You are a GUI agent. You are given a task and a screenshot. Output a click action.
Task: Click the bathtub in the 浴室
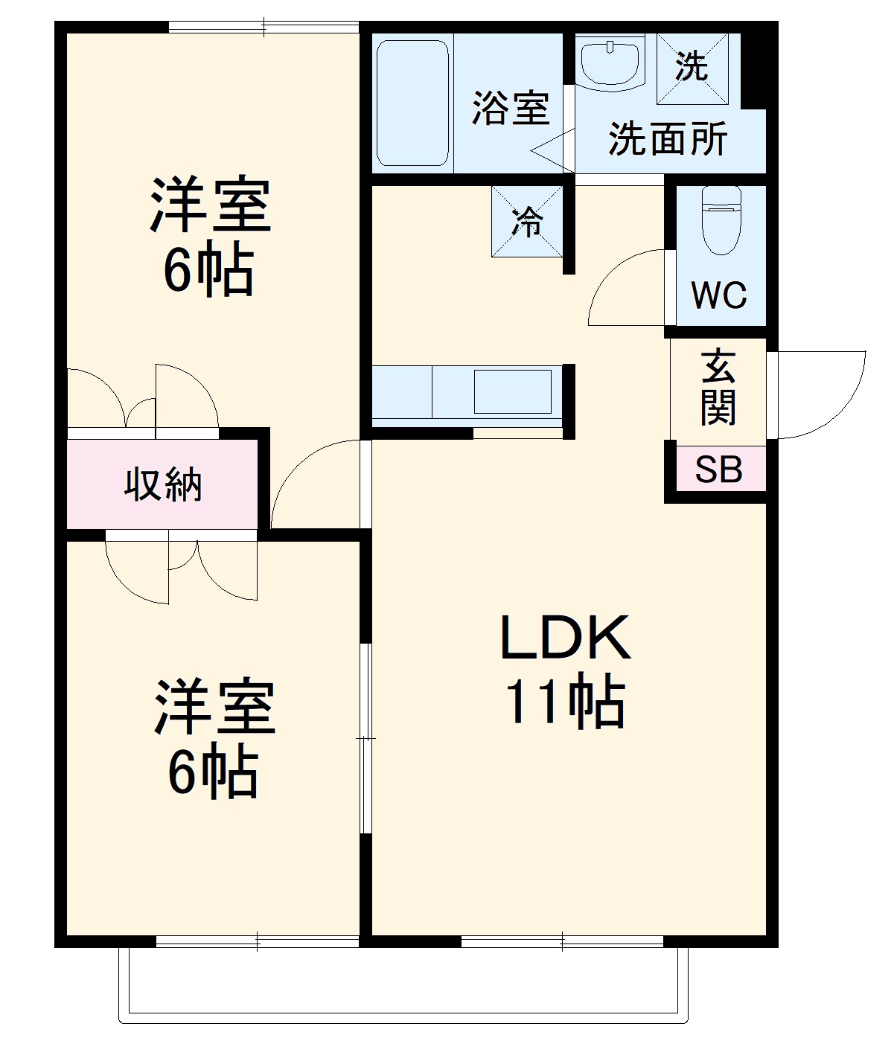pyautogui.click(x=412, y=103)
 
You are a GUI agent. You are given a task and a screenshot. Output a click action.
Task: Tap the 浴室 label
pyautogui.click(x=511, y=109)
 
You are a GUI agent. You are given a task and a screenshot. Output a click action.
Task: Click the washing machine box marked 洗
pyautogui.click(x=691, y=68)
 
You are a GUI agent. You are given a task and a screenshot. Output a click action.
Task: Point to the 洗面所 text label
pyautogui.click(x=668, y=138)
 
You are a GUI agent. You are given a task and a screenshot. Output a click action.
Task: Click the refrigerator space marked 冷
pyautogui.click(x=527, y=221)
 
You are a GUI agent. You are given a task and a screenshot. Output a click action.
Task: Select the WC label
pyautogui.click(x=718, y=295)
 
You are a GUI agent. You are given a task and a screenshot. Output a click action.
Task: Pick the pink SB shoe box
pyautogui.click(x=719, y=470)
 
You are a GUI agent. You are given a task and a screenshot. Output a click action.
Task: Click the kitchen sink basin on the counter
pyautogui.click(x=513, y=391)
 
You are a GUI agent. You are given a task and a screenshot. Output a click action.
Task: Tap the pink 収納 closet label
pyautogui.click(x=163, y=485)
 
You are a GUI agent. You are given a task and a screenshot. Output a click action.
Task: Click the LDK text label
pyautogui.click(x=565, y=638)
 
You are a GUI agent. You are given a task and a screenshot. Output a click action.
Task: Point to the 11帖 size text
pyautogui.click(x=565, y=702)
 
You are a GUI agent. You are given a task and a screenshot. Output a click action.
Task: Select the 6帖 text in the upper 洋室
pyautogui.click(x=209, y=271)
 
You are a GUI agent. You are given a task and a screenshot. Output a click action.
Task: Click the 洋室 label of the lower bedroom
pyautogui.click(x=214, y=707)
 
